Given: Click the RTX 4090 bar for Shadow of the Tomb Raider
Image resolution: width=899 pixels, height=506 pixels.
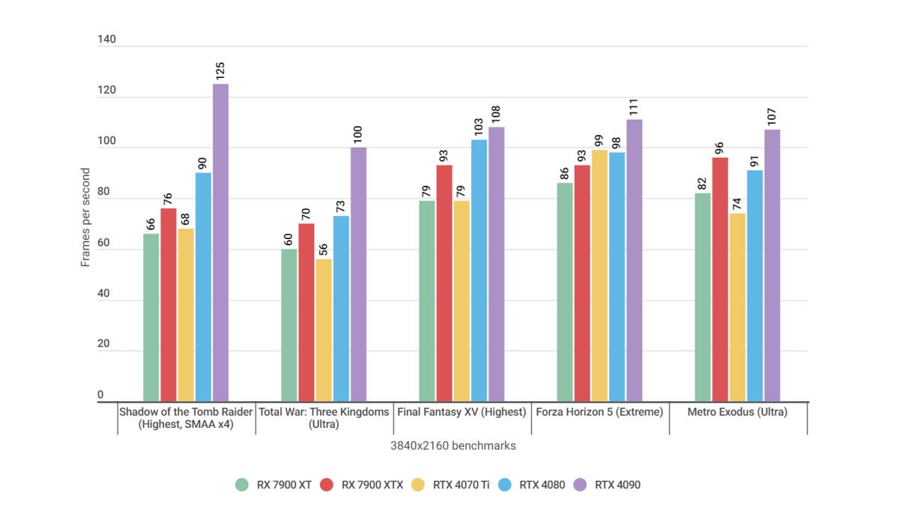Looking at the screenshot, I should pos(220,243).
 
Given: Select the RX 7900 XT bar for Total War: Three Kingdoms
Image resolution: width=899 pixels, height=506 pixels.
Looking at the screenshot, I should pos(289,325).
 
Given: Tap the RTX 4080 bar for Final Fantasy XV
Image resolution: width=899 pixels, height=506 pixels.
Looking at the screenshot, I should pos(479,271).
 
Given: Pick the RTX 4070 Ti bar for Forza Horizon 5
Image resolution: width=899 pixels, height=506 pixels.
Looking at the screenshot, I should pos(599,276).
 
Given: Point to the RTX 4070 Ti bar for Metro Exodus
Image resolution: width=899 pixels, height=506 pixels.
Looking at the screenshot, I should pos(737,307).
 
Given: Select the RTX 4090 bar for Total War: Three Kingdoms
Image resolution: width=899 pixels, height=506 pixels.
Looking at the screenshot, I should pos(358,274).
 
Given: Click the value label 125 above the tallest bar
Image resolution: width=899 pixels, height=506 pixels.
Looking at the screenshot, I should pos(220,71).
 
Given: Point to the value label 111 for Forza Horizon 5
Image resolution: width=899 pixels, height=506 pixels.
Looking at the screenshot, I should pos(634,108).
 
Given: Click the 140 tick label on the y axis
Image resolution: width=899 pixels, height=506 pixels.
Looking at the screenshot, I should pos(106,40).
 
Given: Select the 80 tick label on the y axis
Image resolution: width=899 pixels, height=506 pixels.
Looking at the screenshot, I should pos(103,192).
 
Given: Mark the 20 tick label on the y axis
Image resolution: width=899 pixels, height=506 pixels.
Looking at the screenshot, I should pos(103,344).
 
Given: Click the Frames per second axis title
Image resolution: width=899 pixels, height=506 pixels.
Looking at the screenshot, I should pos(85,217).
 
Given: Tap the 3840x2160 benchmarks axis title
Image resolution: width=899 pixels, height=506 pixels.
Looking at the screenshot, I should pos(452,446).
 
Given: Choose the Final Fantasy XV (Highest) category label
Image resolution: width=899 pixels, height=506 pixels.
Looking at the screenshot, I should pos(461,412).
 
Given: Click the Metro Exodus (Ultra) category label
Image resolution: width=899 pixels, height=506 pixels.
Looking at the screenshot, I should pos(737,412).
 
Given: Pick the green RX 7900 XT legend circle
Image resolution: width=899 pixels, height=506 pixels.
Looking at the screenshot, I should pos(241,484).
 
